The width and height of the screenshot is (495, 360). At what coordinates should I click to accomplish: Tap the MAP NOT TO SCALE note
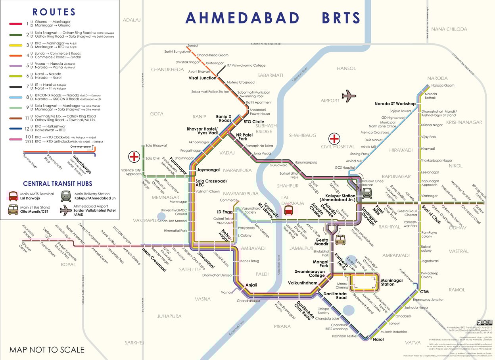(x=47, y=350)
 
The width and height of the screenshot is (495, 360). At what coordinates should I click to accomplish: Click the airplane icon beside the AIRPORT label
(x=349, y=96)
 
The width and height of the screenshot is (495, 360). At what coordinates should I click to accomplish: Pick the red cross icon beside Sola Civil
(x=134, y=157)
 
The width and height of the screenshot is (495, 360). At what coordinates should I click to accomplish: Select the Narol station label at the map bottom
(x=378, y=339)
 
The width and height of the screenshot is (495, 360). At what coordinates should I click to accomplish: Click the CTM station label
(x=424, y=292)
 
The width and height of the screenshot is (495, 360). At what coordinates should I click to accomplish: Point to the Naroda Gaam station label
(x=443, y=86)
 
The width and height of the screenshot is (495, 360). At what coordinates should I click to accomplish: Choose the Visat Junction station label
(x=202, y=78)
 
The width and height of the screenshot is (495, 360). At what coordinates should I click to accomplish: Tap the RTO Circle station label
(x=254, y=121)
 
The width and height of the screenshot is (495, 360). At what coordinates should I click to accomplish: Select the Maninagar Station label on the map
(x=392, y=282)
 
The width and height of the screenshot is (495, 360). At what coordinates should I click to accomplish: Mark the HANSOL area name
(x=346, y=68)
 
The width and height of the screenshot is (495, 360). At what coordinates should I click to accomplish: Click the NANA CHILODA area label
(x=449, y=29)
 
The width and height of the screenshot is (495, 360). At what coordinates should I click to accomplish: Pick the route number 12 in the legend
(x=27, y=129)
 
